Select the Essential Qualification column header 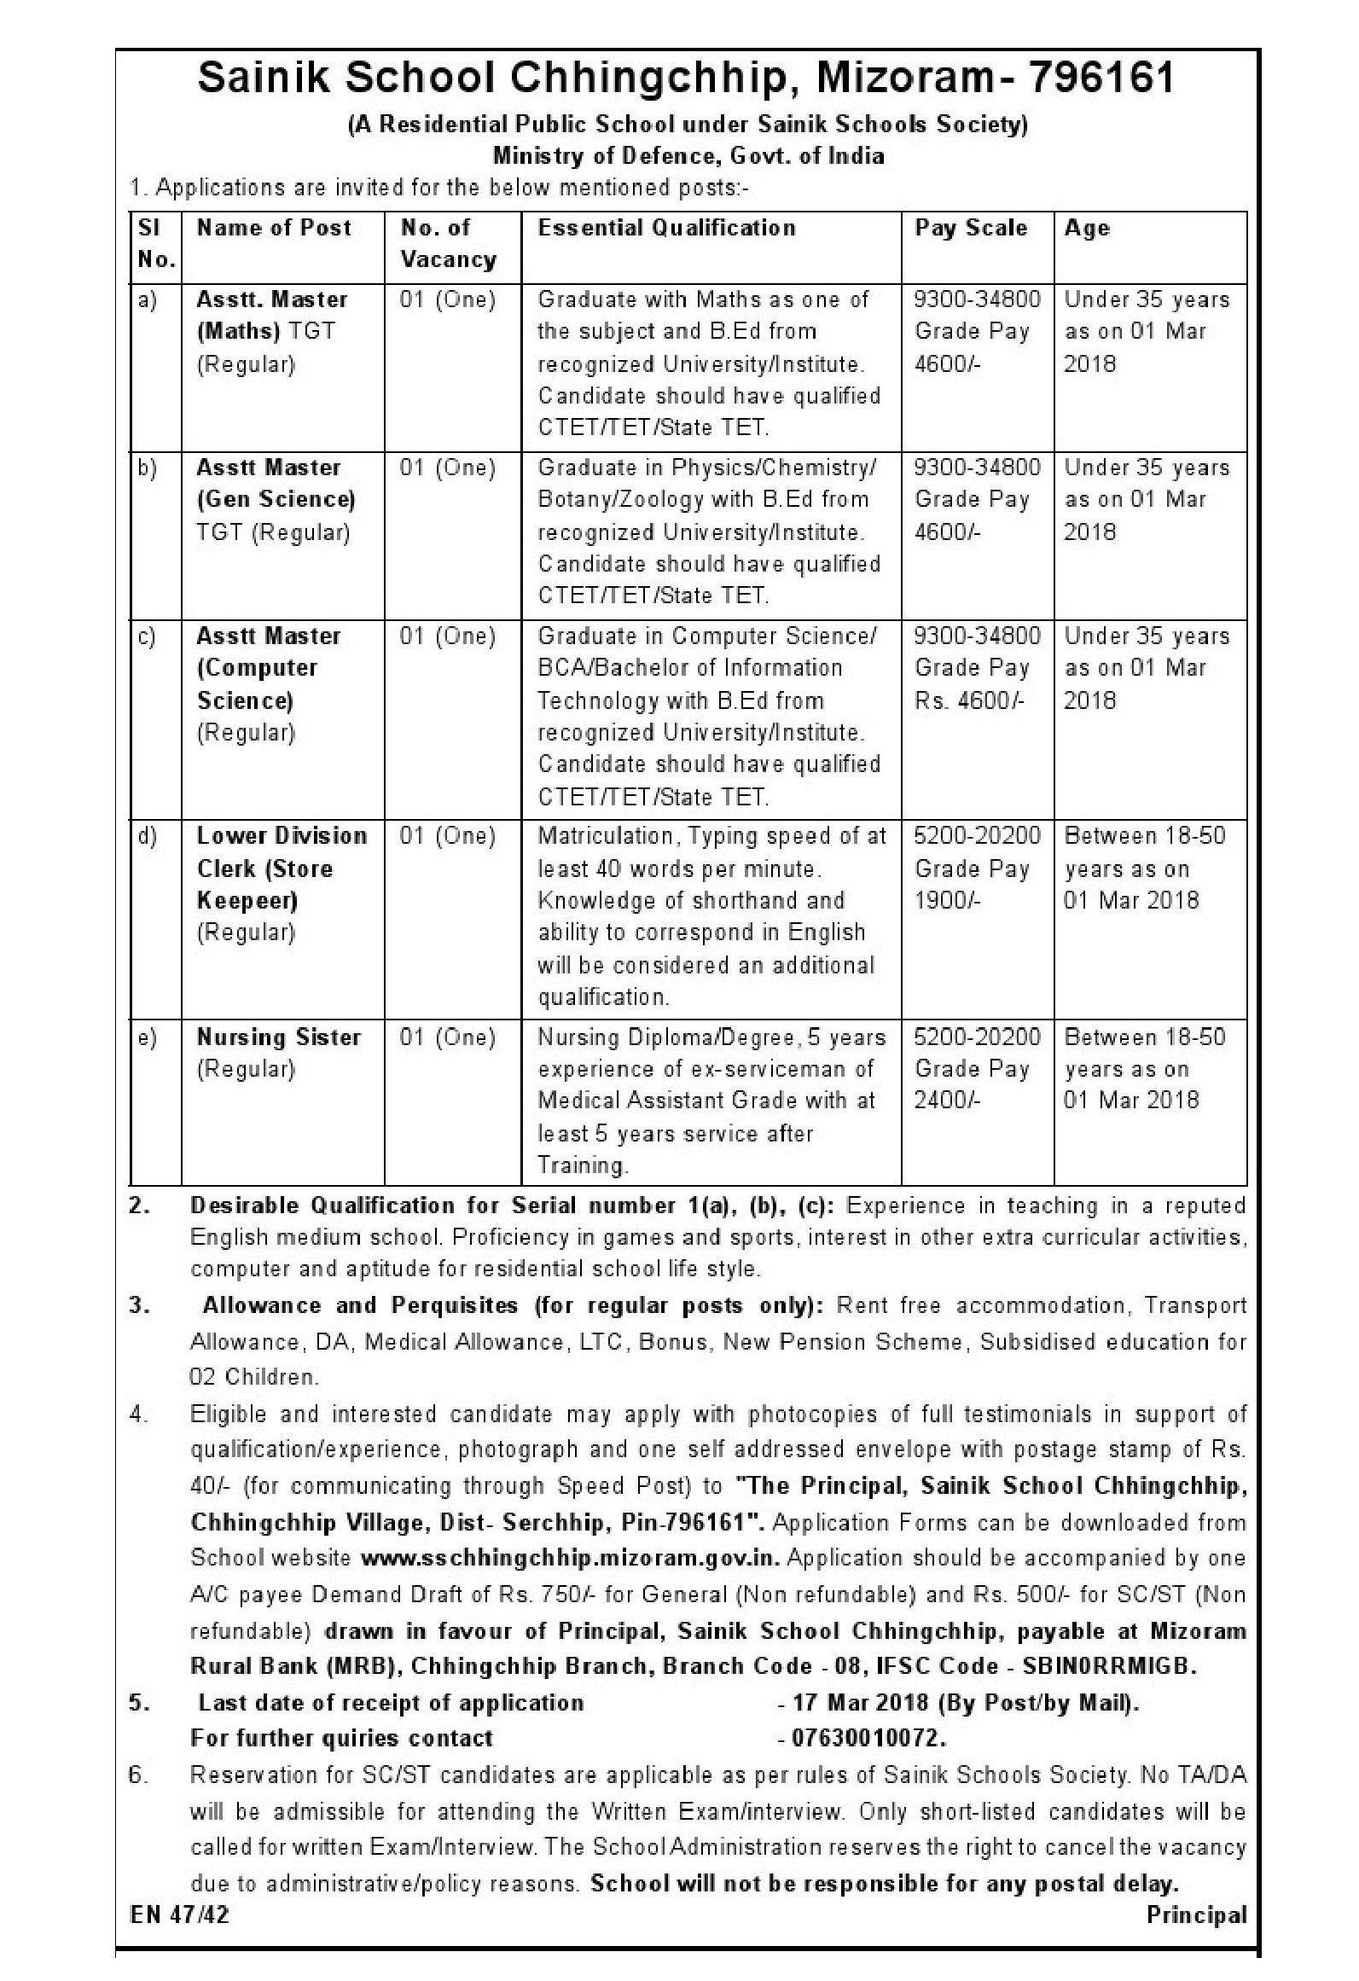[x=666, y=228]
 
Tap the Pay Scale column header [x=971, y=228]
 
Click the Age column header [x=1087, y=228]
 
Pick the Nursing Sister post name [x=279, y=1037]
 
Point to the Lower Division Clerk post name [x=282, y=868]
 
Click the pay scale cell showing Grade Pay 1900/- [x=977, y=868]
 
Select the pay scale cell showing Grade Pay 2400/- [x=977, y=1069]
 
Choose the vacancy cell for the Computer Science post [x=448, y=636]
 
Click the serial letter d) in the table [x=148, y=836]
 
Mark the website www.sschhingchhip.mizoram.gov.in [x=571, y=1558]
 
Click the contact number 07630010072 [x=869, y=1738]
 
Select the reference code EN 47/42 [x=180, y=1914]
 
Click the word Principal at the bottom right [x=1196, y=1914]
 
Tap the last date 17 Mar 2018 [x=860, y=1702]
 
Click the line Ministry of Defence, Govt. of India [x=688, y=157]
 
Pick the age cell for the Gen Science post [x=1147, y=499]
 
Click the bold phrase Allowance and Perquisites [x=360, y=1305]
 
